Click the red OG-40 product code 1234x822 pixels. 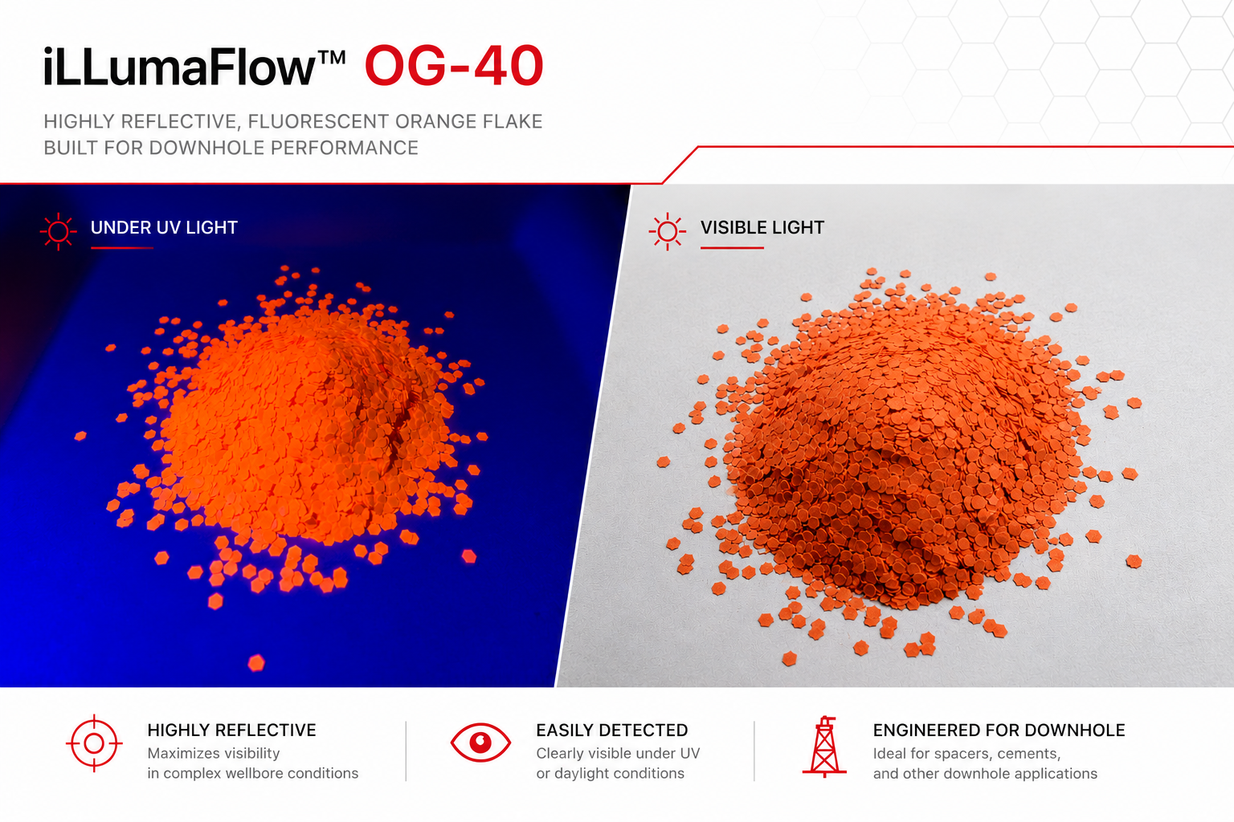(454, 66)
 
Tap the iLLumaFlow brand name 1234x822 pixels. (179, 67)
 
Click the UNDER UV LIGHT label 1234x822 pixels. (164, 227)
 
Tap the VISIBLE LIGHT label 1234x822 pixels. (762, 227)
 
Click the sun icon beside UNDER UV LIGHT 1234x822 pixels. (59, 232)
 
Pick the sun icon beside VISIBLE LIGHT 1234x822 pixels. (668, 231)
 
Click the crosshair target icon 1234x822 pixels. (94, 743)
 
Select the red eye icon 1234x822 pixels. (480, 743)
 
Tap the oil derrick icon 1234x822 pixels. (824, 747)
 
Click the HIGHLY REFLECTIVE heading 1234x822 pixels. (232, 730)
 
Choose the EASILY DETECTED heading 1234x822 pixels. (612, 730)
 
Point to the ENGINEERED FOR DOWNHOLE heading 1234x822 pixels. (999, 730)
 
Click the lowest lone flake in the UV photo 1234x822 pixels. (256, 663)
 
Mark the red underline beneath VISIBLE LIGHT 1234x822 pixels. (732, 248)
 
